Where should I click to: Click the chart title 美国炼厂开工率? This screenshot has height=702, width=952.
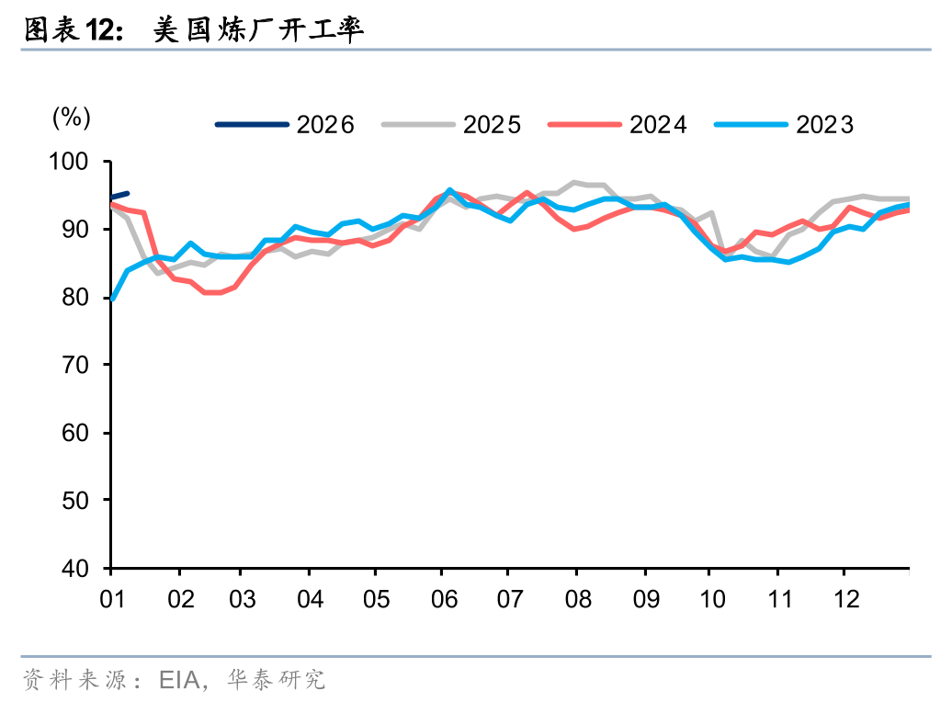pos(258,30)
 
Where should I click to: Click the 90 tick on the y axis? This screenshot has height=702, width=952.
pos(84,230)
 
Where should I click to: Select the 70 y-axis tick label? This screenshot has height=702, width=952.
pos(84,365)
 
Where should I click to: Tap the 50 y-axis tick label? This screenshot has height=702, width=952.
pos(84,500)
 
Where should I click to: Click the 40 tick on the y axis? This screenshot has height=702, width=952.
pos(84,568)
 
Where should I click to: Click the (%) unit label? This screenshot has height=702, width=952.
pos(71,117)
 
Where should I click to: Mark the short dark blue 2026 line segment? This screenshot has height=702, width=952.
pos(119,195)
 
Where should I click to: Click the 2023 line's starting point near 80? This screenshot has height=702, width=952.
pos(112,299)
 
